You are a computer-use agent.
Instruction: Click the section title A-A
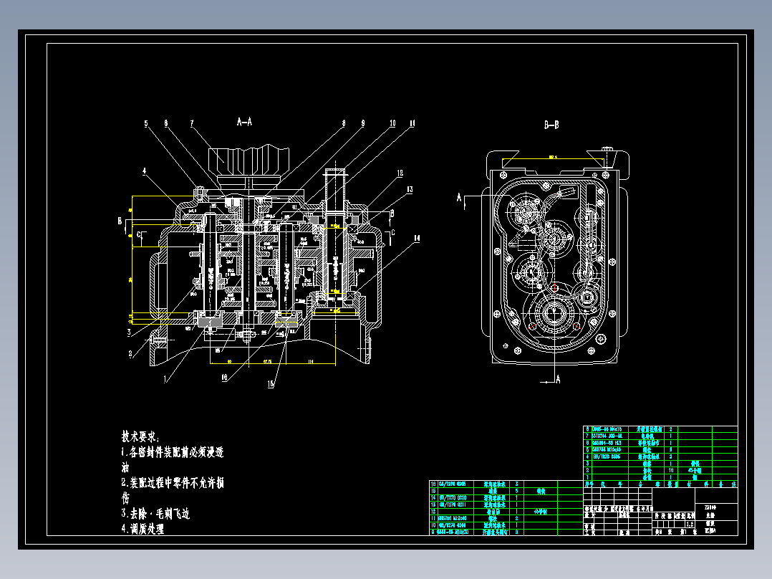pos(244,123)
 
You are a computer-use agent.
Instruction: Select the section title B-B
pos(551,125)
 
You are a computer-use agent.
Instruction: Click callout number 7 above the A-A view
pos(192,123)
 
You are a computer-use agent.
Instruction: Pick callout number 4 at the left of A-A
pos(144,171)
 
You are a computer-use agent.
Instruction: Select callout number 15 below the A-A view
pos(271,384)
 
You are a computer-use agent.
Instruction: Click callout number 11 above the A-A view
pos(412,123)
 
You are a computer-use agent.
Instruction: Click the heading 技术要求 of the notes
pos(140,436)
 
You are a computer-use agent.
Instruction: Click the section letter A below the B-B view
pos(558,378)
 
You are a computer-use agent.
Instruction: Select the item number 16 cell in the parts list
pos(433,484)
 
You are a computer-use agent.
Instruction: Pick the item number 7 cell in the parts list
pos(587,435)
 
